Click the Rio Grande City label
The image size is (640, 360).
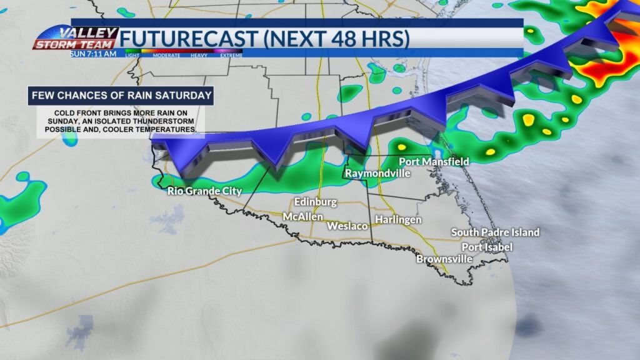point(204,191)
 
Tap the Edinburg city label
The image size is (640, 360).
point(316,202)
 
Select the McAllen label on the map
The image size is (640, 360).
point(303,216)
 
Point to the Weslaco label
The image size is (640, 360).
point(347,226)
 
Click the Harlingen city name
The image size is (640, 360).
point(398,220)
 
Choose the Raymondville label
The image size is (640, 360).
point(377,173)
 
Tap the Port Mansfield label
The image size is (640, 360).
point(434,162)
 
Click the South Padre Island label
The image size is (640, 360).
point(495,232)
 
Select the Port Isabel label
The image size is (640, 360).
point(487,247)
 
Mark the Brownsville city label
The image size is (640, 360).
point(444,259)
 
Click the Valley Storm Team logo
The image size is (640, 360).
point(76,38)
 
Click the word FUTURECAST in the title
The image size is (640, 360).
point(187,39)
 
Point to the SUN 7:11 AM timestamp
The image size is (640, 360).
point(94,54)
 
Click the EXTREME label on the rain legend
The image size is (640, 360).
point(231,56)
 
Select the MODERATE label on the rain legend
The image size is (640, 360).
point(166,56)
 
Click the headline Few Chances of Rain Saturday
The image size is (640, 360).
point(121,96)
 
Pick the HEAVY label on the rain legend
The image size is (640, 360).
point(200,56)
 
